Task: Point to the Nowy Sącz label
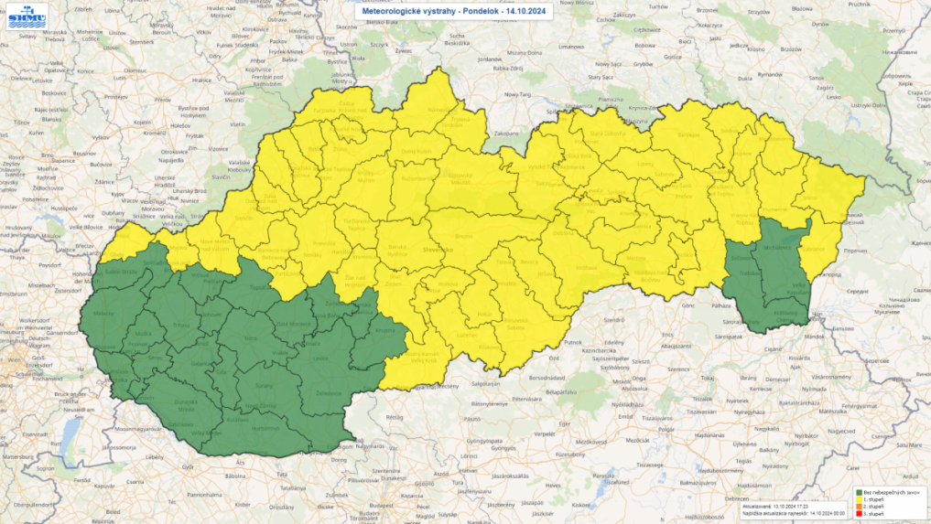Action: coord(605,65)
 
